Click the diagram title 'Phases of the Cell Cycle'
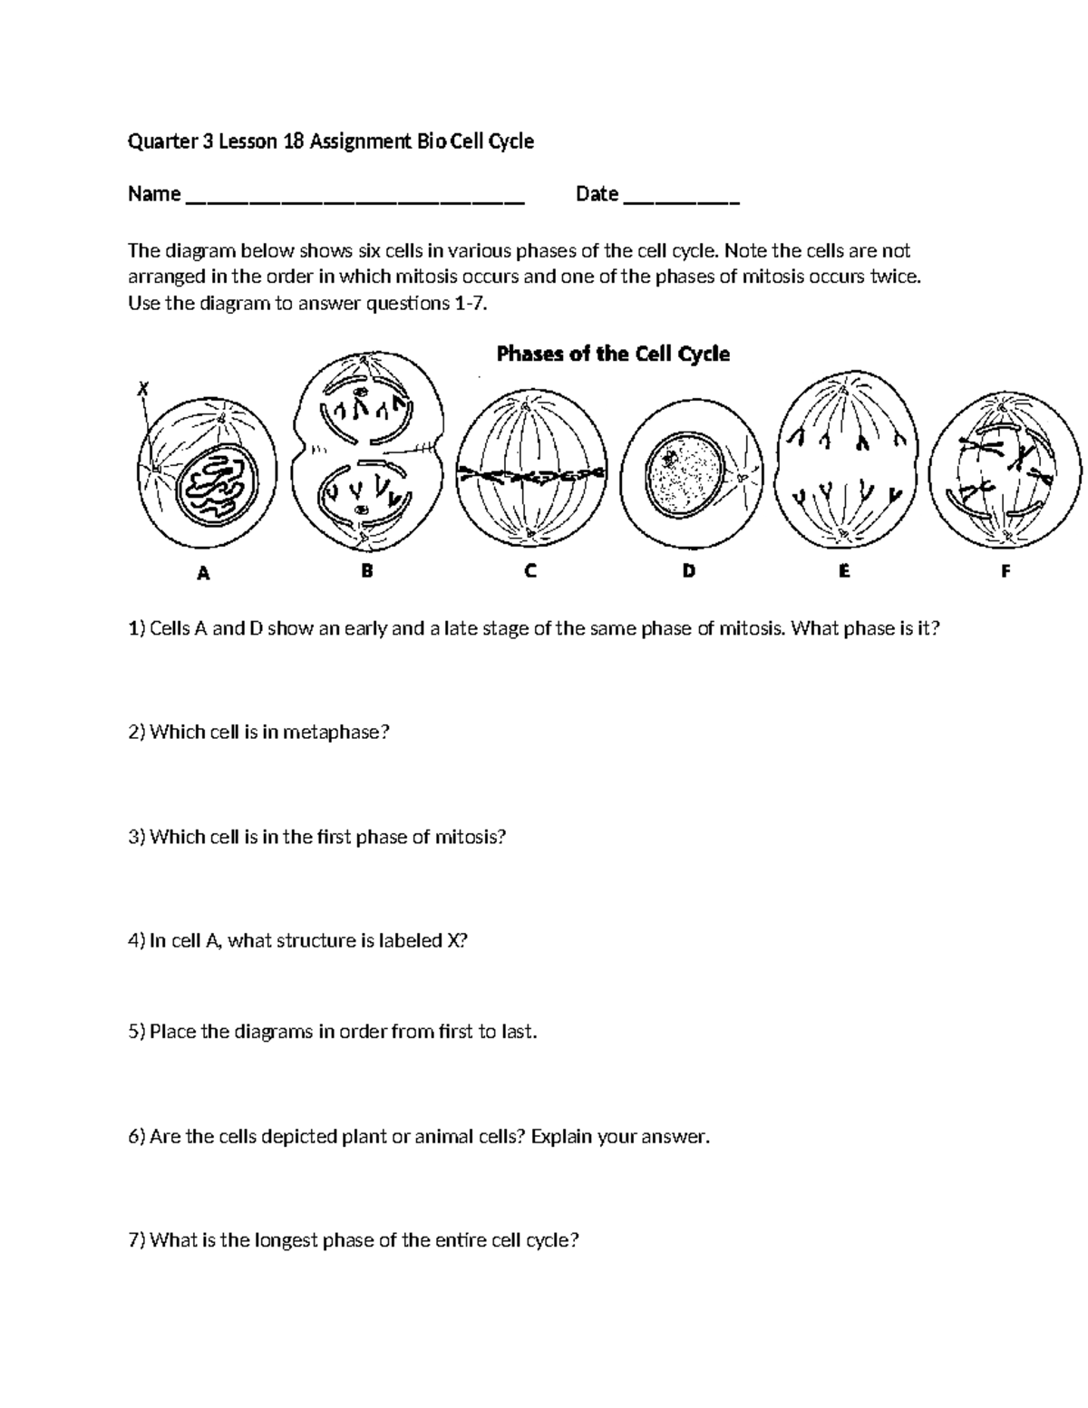click(613, 354)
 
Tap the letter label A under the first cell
click(204, 573)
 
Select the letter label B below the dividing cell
click(366, 571)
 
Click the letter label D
click(689, 571)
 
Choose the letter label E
click(844, 571)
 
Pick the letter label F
click(1005, 571)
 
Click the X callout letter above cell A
click(141, 389)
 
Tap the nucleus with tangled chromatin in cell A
click(217, 486)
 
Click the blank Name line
click(355, 196)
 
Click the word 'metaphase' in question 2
click(335, 733)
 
